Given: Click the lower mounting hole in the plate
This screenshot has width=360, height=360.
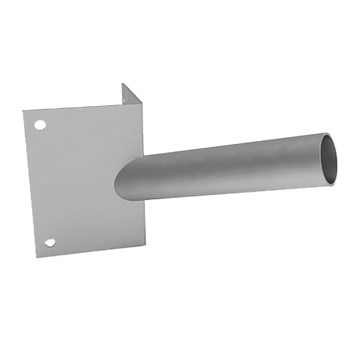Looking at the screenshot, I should [50, 243].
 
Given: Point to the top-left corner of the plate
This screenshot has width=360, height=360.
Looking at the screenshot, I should [23, 111].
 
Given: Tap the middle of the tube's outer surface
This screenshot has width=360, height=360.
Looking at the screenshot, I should [227, 171].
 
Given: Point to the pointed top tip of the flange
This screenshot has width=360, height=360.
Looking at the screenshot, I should [123, 84].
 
